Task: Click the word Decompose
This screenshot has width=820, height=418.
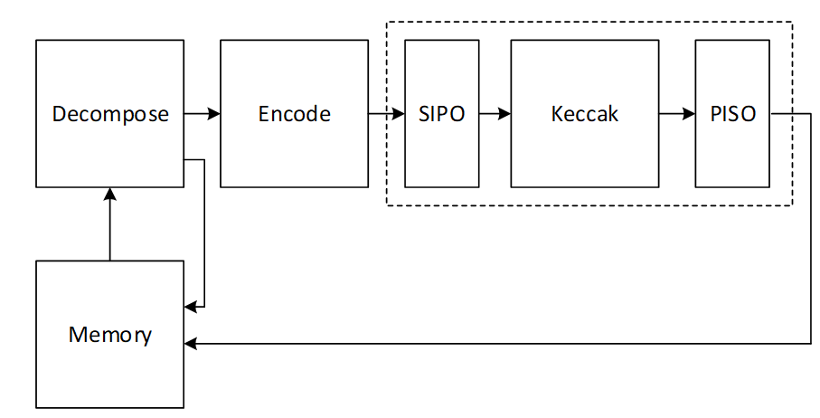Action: pos(110,114)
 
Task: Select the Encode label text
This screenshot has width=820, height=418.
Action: pos(294,114)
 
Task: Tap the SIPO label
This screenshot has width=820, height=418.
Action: pos(441,114)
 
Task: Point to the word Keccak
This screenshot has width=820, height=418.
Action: pos(584,114)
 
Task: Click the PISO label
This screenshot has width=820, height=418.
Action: pos(732,114)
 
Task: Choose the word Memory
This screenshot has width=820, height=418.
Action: pos(110,335)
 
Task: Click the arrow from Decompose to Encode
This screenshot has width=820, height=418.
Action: pos(203,114)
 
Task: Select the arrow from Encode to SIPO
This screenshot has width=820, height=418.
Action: pos(387,114)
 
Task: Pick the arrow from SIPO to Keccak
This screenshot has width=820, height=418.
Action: pos(495,114)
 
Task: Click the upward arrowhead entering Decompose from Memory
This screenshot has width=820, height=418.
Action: pos(110,194)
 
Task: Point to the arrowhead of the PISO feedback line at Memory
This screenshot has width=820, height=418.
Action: pos(190,344)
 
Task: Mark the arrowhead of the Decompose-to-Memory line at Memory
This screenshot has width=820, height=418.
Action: pos(190,306)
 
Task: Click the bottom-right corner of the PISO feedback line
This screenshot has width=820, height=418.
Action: pos(810,344)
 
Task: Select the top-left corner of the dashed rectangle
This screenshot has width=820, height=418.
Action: pos(388,23)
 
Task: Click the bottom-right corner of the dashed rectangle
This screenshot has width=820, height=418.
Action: pos(793,205)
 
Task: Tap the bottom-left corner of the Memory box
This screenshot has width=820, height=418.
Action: pos(36,408)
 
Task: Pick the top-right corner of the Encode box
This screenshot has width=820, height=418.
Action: pos(368,40)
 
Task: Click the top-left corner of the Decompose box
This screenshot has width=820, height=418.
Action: pos(36,40)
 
